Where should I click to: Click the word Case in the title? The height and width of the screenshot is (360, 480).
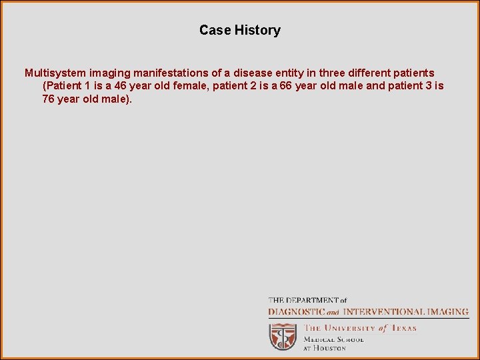point(215,30)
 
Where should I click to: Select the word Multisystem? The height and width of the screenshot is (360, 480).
point(57,73)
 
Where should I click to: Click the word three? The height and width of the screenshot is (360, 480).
point(334,73)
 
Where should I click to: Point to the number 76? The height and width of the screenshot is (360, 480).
point(49,99)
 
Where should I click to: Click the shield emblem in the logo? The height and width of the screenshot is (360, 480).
point(283,336)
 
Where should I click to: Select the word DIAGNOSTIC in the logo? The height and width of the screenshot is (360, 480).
point(297,311)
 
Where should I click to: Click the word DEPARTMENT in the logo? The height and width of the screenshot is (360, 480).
point(312,301)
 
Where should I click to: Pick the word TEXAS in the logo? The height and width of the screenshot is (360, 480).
point(403,328)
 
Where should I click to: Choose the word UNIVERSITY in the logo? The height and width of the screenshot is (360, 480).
point(351,328)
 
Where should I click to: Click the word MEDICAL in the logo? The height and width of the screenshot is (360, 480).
point(319,339)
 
